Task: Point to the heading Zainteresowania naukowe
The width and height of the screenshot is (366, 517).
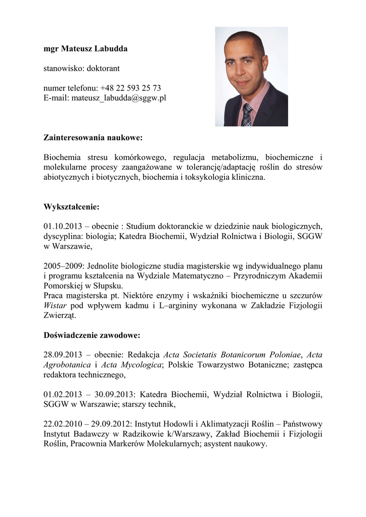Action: point(93,137)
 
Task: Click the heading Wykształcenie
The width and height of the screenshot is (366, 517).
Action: point(71,207)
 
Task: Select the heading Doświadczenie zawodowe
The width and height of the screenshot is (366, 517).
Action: point(91,335)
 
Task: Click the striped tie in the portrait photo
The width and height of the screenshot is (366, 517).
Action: point(247,115)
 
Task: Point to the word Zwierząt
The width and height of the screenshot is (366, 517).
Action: point(60,315)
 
